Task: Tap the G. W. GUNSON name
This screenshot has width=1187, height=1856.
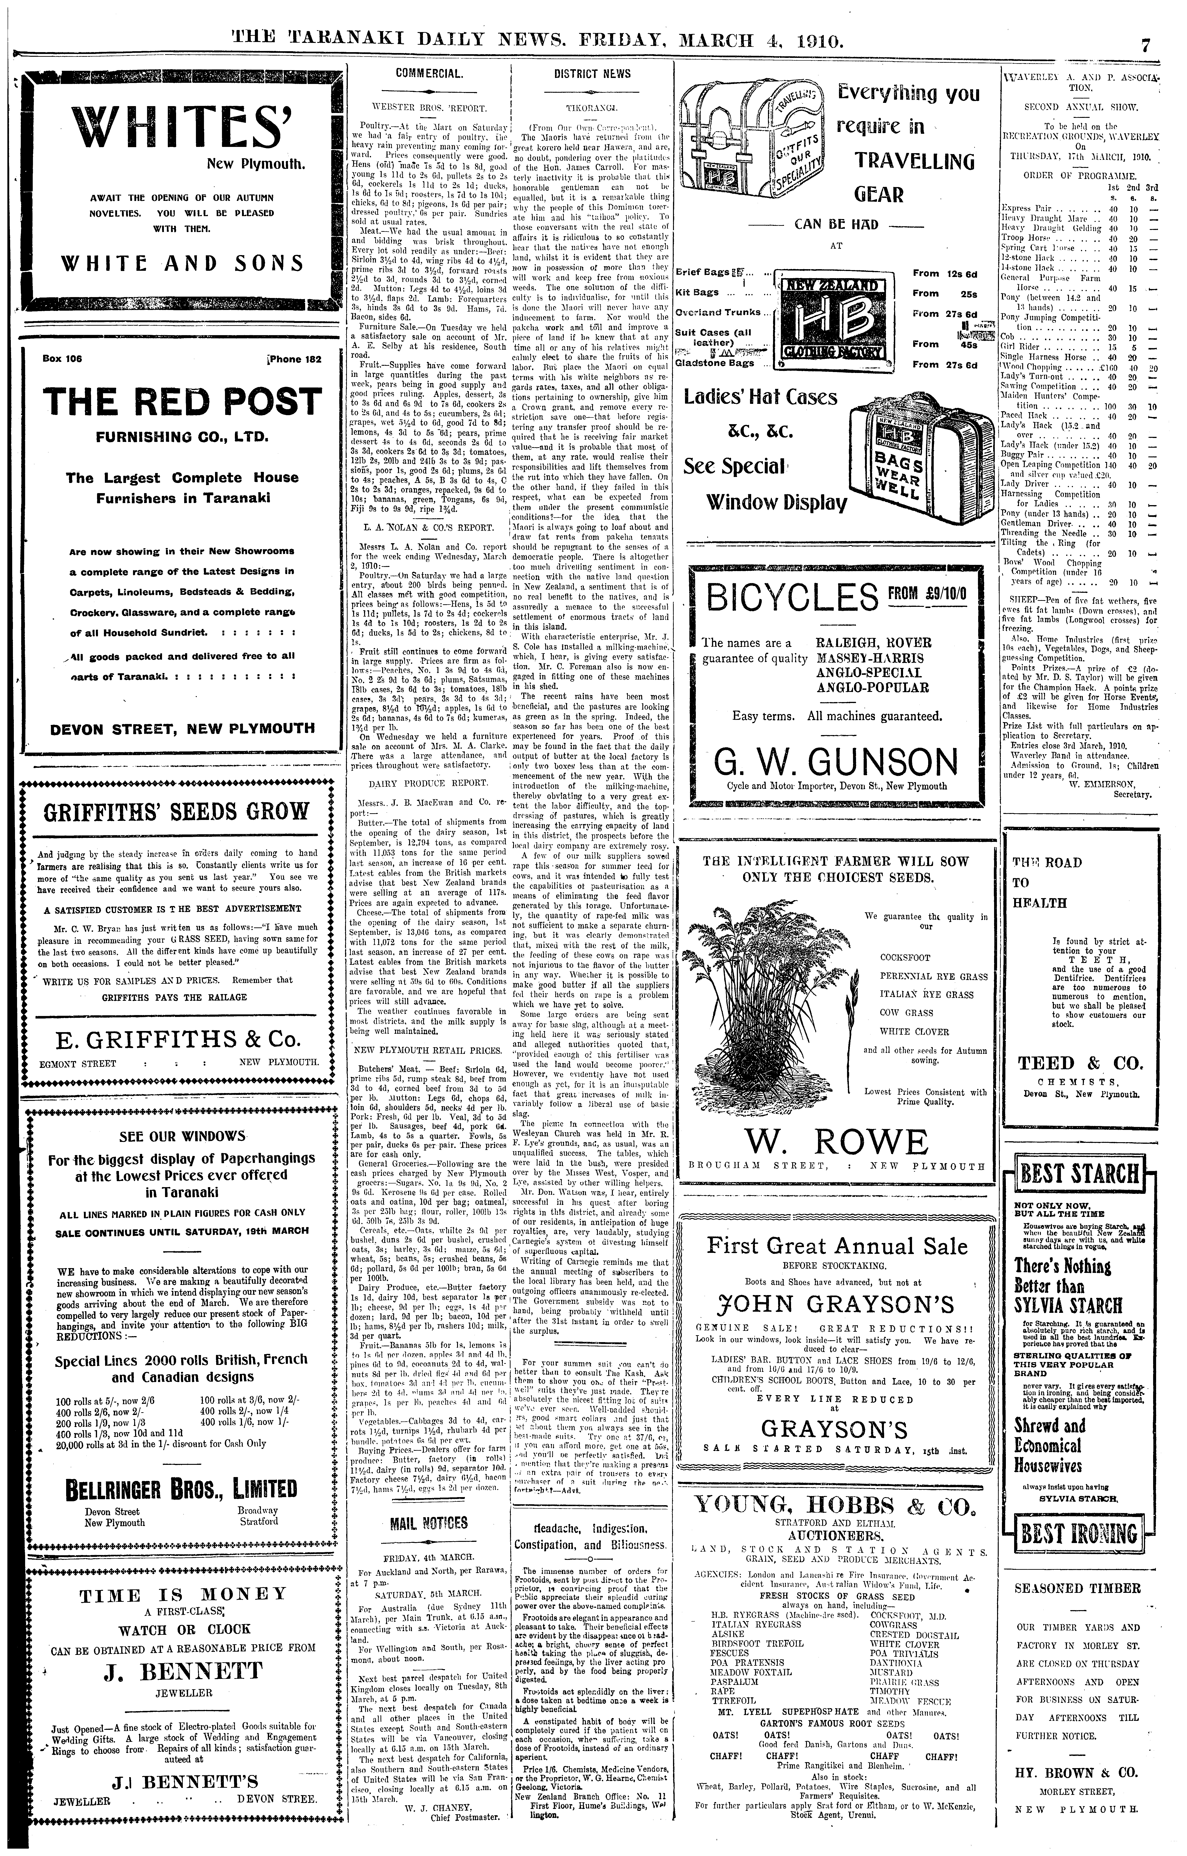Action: pos(836,761)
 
